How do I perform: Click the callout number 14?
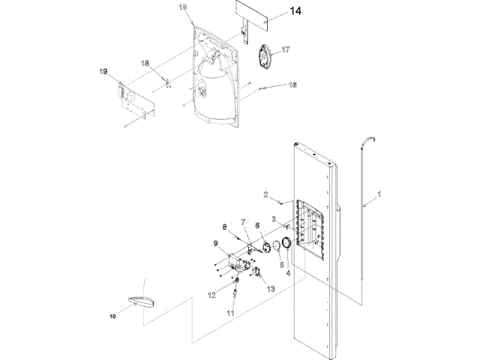295,12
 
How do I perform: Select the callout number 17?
285,49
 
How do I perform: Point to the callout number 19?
104,71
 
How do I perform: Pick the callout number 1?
379,194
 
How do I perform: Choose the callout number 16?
292,85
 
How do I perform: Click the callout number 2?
265,195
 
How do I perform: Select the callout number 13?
271,289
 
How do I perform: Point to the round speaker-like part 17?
264,57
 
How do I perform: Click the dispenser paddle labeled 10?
141,301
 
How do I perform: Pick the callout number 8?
223,226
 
